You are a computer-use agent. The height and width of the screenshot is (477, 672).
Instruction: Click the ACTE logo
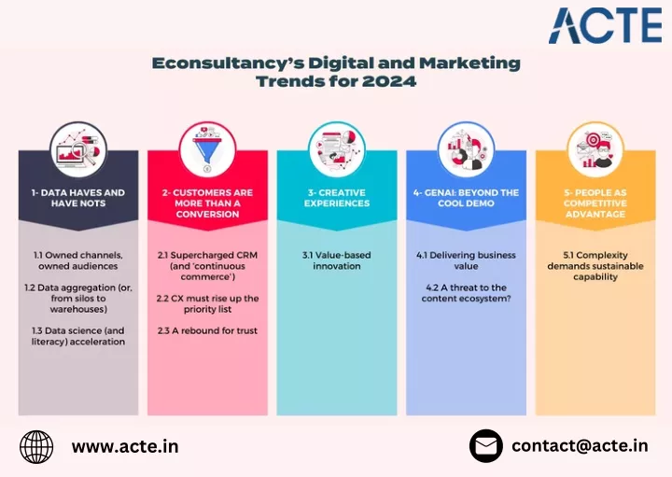[605, 25]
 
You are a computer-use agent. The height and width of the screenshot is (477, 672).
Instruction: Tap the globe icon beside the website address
[36, 447]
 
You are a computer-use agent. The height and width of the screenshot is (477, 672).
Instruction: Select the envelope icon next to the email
[486, 446]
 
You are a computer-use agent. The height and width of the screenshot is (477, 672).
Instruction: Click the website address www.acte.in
[125, 446]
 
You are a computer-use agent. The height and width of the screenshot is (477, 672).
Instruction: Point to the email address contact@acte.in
[580, 445]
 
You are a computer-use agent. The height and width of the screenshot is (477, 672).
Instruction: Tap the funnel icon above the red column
[207, 149]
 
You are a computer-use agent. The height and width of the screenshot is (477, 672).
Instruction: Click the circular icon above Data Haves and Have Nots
[78, 149]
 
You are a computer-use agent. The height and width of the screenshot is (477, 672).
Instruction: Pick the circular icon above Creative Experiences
[337, 149]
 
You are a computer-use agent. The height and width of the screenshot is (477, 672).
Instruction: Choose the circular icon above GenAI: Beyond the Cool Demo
[467, 149]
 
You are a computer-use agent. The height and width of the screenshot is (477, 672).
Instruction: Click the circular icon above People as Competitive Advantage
[595, 149]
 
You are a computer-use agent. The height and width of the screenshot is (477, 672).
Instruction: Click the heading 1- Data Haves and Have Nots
[78, 198]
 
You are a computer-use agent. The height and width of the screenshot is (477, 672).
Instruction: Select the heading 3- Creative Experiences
[337, 198]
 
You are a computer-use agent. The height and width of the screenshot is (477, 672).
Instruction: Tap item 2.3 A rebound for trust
[207, 330]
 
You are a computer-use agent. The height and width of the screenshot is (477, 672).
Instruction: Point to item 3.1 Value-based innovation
[337, 260]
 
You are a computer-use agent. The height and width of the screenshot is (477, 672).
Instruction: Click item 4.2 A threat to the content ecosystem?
[467, 293]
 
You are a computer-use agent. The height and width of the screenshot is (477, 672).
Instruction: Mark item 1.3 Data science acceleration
[78, 336]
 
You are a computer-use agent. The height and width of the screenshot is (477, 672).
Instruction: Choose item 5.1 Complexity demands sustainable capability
[595, 266]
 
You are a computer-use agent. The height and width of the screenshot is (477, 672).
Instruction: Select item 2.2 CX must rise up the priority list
[207, 304]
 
